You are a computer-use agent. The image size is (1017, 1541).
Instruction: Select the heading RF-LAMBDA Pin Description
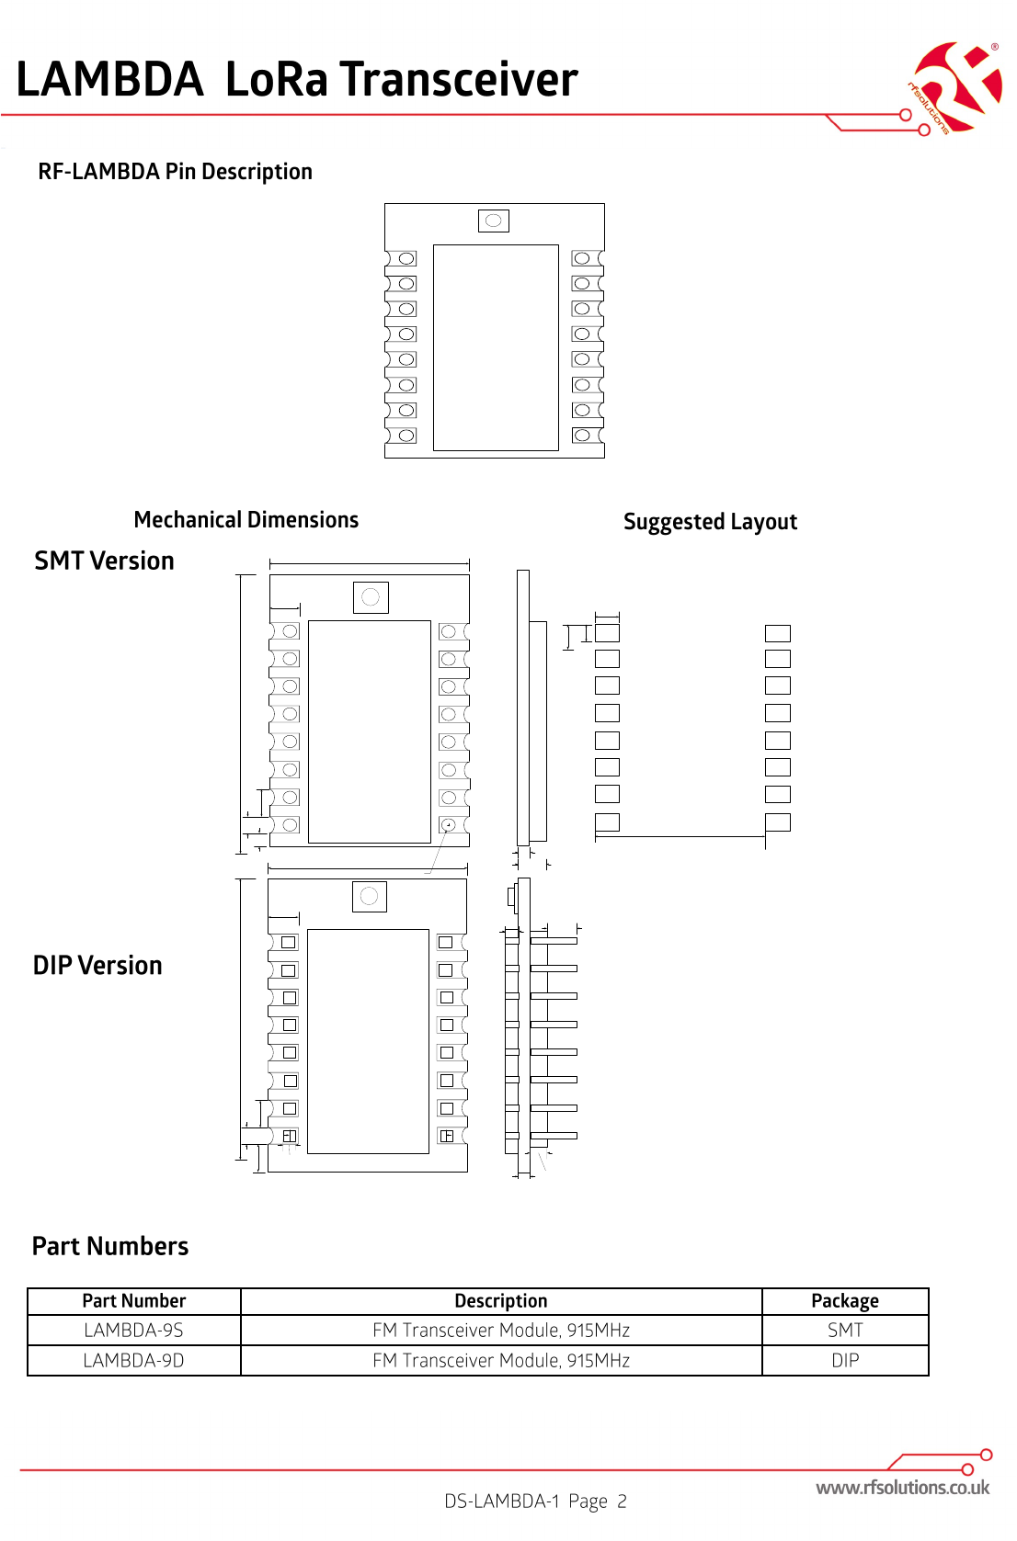(x=175, y=172)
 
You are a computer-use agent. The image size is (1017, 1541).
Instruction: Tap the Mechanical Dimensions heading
(x=246, y=520)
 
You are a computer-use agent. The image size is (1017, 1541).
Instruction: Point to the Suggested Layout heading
(x=710, y=522)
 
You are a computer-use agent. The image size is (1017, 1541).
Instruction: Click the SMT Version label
(x=104, y=561)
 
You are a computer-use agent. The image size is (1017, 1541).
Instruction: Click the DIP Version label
(x=97, y=966)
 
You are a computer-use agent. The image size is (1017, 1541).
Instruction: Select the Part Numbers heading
(x=110, y=1246)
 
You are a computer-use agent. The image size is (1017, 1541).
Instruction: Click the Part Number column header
(x=134, y=1301)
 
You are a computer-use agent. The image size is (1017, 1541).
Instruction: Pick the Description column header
(x=501, y=1301)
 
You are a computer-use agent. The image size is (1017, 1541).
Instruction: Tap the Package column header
(x=845, y=1301)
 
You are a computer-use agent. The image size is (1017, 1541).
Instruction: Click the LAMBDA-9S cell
(x=134, y=1331)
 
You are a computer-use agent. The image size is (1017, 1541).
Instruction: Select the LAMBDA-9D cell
(x=134, y=1361)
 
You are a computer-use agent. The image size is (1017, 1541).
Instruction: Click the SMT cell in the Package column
(x=845, y=1331)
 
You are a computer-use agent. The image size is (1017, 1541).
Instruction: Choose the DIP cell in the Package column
(x=845, y=1361)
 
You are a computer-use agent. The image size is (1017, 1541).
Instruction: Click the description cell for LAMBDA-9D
(x=501, y=1361)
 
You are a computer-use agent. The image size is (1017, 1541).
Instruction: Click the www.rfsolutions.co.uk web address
(x=902, y=1488)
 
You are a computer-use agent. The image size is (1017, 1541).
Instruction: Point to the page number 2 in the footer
(x=622, y=1501)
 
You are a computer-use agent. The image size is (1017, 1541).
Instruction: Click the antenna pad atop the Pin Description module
(x=494, y=221)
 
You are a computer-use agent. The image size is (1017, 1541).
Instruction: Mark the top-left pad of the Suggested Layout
(x=607, y=633)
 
